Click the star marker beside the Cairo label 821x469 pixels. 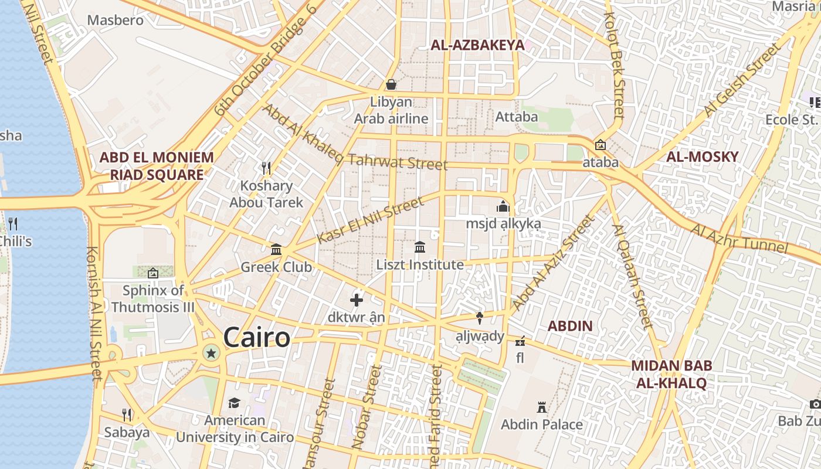click(211, 352)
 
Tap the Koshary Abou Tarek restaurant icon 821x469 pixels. click(266, 168)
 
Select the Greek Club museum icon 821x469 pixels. click(276, 250)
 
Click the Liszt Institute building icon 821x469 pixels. click(420, 247)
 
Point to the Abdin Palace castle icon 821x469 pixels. click(541, 407)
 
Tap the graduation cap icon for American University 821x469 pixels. click(234, 403)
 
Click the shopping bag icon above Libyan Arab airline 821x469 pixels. click(391, 84)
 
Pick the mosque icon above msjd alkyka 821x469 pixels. click(503, 206)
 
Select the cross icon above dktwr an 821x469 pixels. click(357, 300)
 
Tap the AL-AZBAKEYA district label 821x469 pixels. click(477, 45)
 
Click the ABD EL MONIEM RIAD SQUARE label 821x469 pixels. click(157, 166)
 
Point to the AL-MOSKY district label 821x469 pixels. click(702, 157)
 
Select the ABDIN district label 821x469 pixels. click(570, 326)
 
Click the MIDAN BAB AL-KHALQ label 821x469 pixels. click(671, 375)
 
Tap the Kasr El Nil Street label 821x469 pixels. click(369, 220)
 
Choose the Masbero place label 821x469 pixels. click(115, 20)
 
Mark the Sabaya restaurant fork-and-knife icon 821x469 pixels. click(127, 414)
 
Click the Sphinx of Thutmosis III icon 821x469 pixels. click(153, 273)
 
